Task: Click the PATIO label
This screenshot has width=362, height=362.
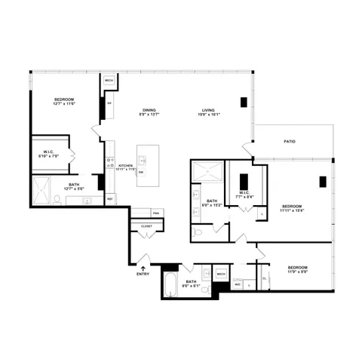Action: pos(289,141)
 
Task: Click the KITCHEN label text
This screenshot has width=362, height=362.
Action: pos(125,165)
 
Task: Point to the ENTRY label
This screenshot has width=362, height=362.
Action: pos(143,274)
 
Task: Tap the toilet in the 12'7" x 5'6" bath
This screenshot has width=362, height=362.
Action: pos(57,198)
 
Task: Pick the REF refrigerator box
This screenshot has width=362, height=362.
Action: pos(109,199)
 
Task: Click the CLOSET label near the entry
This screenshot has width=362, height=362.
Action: pos(146,225)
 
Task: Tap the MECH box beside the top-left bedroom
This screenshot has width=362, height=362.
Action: pos(109,80)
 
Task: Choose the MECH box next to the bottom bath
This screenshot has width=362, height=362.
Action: pos(222,274)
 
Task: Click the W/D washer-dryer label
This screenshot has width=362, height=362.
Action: pos(236,284)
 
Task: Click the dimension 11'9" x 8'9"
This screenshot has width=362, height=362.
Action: pos(297,273)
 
